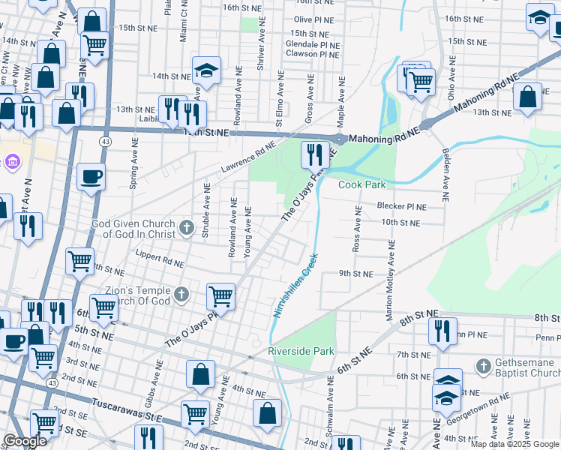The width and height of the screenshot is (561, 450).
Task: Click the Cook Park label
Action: point(361,184)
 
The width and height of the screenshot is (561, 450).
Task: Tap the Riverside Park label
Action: point(301,351)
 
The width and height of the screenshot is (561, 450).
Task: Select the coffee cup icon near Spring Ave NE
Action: point(91,177)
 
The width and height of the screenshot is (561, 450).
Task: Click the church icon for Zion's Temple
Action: point(181,295)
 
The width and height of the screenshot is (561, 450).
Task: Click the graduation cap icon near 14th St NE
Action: point(206,70)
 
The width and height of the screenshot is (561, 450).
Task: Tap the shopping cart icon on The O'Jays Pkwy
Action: point(220,296)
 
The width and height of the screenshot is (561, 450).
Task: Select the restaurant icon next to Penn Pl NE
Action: point(442,330)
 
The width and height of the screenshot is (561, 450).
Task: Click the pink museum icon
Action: point(12,161)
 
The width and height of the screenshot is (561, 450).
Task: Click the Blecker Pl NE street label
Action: point(400,206)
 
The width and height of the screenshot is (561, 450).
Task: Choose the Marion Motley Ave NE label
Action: point(390,282)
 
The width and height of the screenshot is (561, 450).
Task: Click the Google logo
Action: point(26,440)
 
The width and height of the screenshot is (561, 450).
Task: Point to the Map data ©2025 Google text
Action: point(514,444)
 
